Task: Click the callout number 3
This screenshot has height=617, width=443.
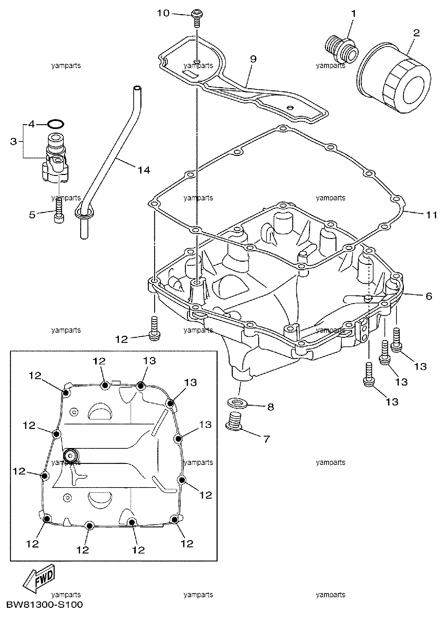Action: pos(13,141)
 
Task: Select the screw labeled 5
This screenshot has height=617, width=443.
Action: pos(59,210)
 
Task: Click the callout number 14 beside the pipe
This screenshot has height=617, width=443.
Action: pos(144,170)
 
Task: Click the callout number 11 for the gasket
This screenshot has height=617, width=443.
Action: pos(432,214)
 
